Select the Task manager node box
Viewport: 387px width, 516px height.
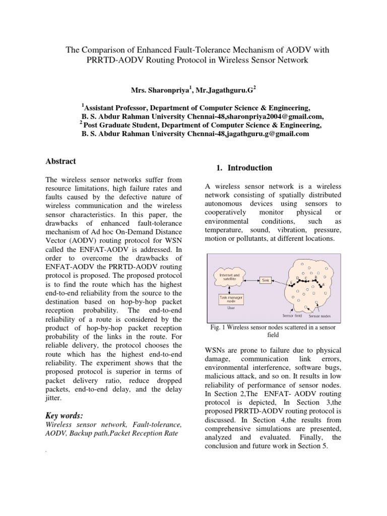[x=229, y=299]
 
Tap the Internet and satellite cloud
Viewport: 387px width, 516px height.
[x=229, y=277]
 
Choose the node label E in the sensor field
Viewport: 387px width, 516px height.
[x=291, y=282]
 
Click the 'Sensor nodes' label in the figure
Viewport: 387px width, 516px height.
[x=320, y=316]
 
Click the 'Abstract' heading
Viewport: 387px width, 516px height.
[x=60, y=161]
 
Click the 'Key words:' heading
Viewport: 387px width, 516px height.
[x=63, y=415]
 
